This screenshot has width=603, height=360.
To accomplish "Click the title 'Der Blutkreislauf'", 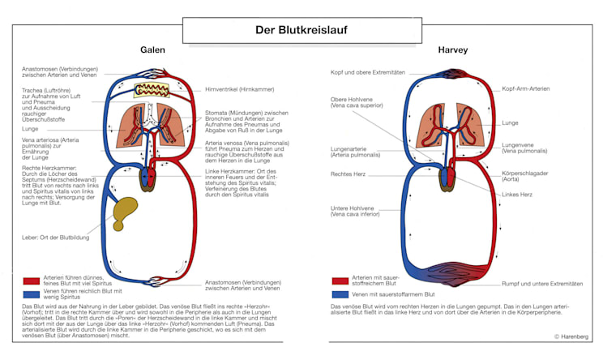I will pyautogui.click(x=301, y=31).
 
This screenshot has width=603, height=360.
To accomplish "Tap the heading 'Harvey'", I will pyautogui.click(x=452, y=50).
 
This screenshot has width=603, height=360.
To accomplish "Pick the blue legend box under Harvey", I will pyautogui.click(x=340, y=294).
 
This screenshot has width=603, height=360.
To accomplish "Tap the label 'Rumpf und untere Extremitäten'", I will pyautogui.click(x=541, y=284).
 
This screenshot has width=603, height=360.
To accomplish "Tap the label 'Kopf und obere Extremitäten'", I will pyautogui.click(x=367, y=72).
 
